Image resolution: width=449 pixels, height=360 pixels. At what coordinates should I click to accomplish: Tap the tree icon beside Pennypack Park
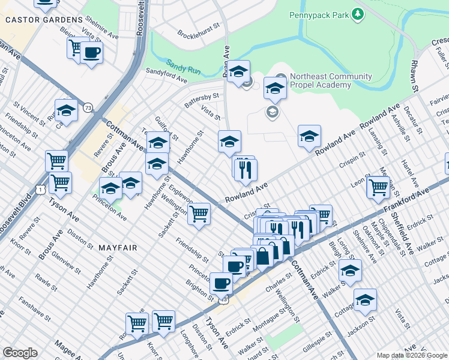coord(358,13)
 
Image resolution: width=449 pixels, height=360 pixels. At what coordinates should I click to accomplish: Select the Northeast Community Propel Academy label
coord(331,80)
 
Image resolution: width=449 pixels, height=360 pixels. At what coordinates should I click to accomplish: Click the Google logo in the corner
coord(20,353)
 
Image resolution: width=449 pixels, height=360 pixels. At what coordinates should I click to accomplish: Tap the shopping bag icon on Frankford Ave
coord(263,257)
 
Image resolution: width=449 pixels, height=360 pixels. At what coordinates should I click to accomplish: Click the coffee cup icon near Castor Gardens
coord(91,52)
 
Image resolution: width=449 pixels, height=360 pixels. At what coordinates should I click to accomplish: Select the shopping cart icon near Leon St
coord(378,187)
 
